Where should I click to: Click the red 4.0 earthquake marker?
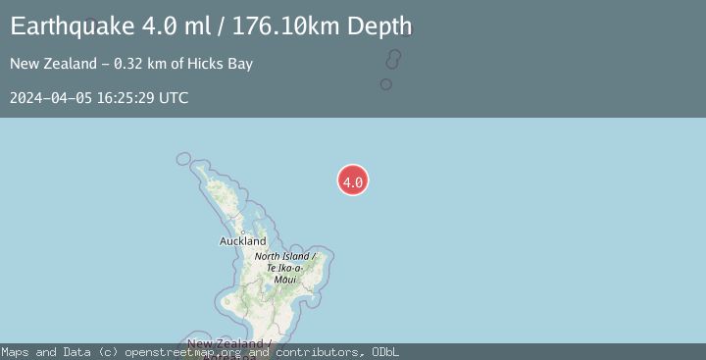pyautogui.click(x=353, y=180)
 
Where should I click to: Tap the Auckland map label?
pyautogui.click(x=242, y=241)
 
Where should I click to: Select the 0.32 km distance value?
pyautogui.click(x=139, y=64)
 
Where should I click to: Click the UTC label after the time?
pyautogui.click(x=173, y=98)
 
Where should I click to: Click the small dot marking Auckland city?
pyautogui.click(x=242, y=232)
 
